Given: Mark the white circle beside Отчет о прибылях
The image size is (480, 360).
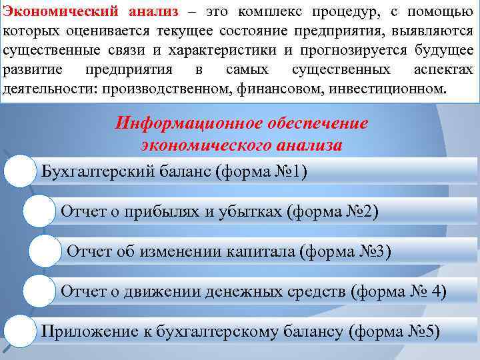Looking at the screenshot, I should pos(38,211).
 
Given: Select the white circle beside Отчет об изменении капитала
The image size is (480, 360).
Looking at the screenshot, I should pos(46,251).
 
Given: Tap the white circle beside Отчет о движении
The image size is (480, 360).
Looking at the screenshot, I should pos(38,291).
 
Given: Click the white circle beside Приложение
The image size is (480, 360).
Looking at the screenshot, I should pos(19,331).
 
